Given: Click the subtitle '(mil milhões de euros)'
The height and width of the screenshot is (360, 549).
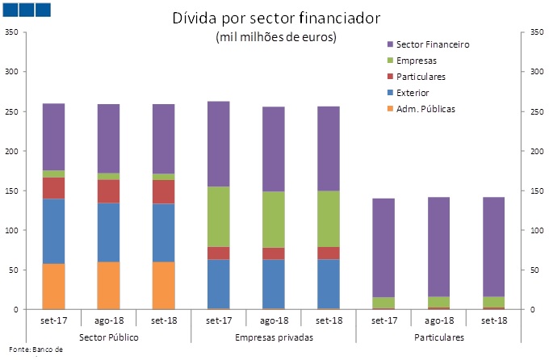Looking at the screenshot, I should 276,37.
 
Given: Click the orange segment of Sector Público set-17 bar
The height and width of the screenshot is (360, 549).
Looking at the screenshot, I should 54,287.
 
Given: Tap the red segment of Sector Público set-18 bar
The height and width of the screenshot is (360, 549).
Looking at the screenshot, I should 164,191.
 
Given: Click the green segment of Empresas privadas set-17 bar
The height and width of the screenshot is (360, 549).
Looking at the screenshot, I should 219,216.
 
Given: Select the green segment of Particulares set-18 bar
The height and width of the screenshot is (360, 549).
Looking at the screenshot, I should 492,302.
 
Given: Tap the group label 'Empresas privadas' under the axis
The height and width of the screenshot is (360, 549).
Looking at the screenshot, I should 274,336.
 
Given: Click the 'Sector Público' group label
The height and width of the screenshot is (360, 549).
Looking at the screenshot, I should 109,336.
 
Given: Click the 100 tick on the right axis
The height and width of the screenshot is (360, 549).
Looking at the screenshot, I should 533,230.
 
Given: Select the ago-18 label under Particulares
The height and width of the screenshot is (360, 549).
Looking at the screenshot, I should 438,320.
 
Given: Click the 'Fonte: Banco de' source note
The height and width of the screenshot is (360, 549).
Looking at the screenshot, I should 35,349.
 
